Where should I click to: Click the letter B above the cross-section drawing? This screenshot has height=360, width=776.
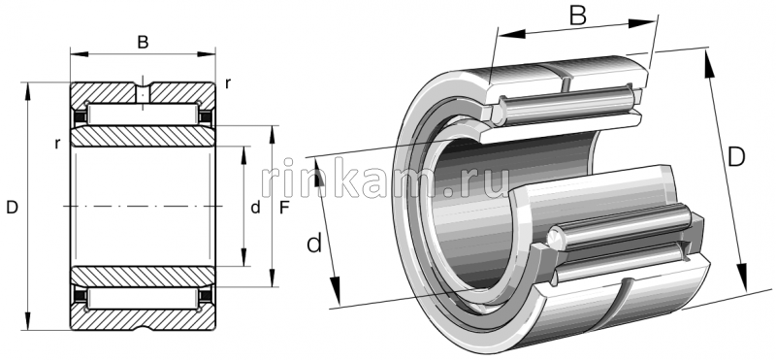point(143,42)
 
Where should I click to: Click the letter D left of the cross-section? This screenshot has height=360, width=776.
point(12,208)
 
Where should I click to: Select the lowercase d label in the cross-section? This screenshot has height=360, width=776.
point(255,208)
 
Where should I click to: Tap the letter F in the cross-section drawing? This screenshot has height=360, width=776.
point(284,208)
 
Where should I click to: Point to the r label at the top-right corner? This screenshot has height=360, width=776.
point(228,83)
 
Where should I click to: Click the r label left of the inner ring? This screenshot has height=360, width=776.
point(58,144)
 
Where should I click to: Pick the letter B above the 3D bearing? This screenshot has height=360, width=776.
point(577,16)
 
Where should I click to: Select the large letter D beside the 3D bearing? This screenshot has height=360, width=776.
point(736,157)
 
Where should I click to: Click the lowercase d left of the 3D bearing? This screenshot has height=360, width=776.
point(314,244)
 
